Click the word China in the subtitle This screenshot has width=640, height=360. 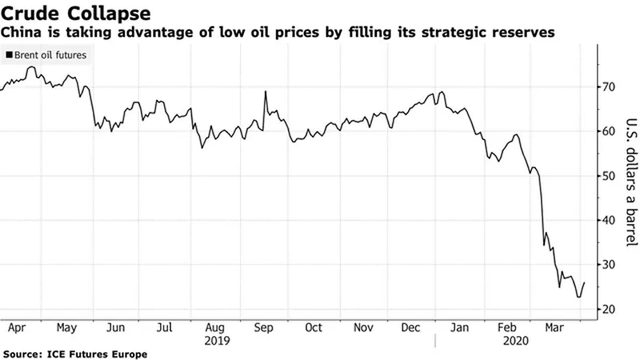point(24,33)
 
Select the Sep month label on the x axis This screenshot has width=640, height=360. point(264,327)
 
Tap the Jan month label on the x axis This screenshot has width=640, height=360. point(462,327)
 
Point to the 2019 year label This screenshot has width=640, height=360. point(218,340)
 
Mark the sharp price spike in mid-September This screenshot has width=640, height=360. point(265,92)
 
